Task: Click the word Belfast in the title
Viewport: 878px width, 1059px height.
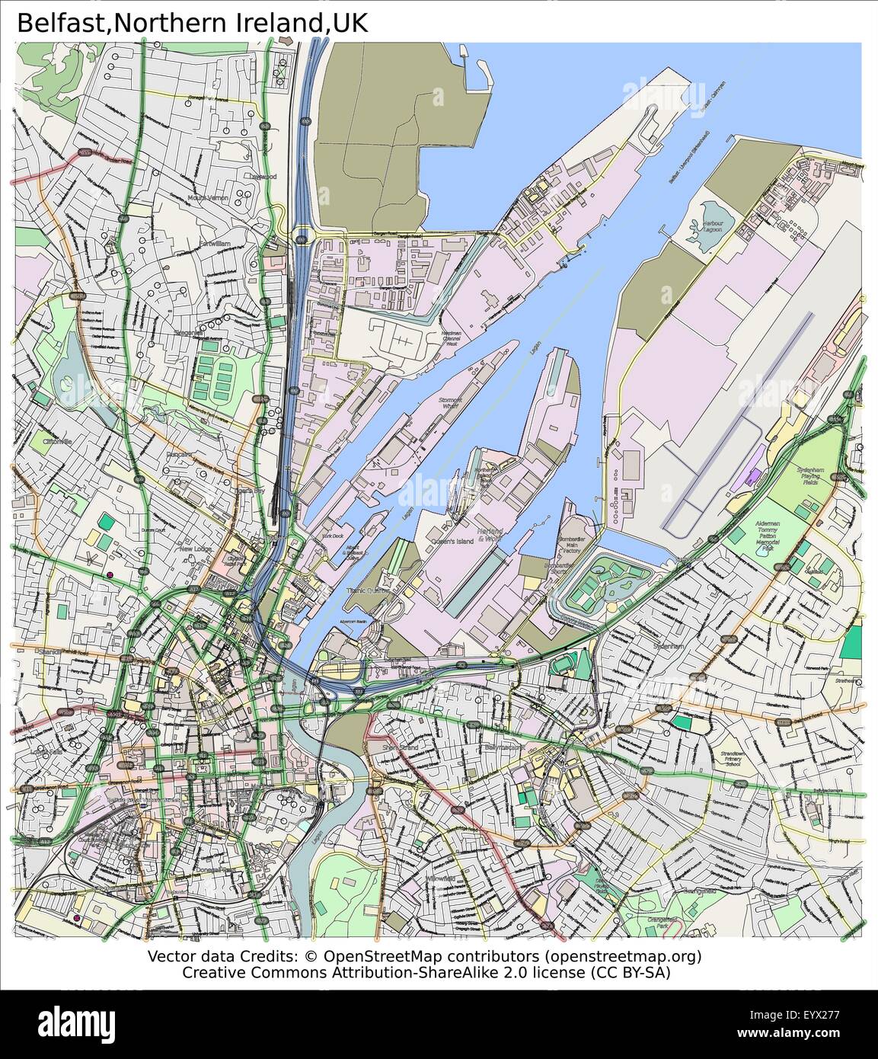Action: (63, 22)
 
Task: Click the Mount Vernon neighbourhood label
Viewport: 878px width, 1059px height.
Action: (207, 198)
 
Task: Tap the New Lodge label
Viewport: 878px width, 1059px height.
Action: (195, 548)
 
